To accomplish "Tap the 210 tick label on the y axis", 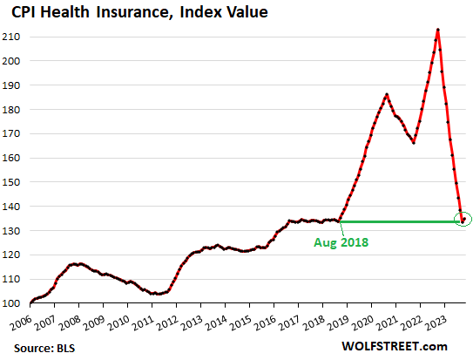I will pos(15,37).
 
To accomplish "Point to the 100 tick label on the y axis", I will pos(15,303).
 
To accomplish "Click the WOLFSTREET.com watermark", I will pos(410,348).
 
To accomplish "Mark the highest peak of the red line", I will pos(437,30).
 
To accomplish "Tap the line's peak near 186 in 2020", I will pos(387,94).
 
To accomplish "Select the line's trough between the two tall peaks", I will pos(414,143).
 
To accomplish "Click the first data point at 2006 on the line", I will pos(30,302).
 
